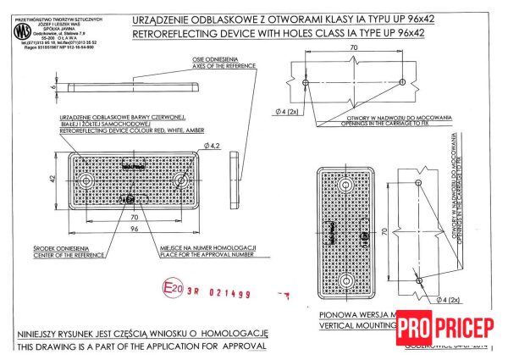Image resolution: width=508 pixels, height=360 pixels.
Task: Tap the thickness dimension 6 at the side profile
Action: (x=52, y=86)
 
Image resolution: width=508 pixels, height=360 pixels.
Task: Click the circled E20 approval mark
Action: (x=173, y=290)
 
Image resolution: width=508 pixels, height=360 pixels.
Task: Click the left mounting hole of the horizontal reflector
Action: (x=86, y=181)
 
